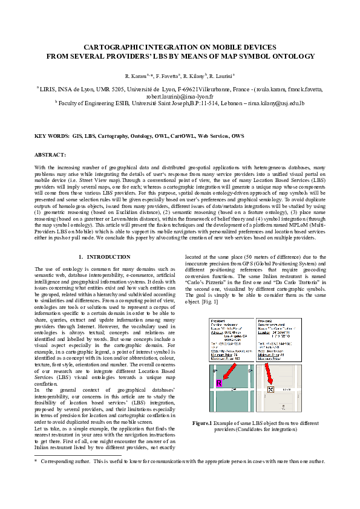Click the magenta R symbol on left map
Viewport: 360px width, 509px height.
(219, 383)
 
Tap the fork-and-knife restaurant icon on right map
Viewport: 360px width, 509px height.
(270, 389)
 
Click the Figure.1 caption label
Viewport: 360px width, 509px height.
(201, 423)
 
